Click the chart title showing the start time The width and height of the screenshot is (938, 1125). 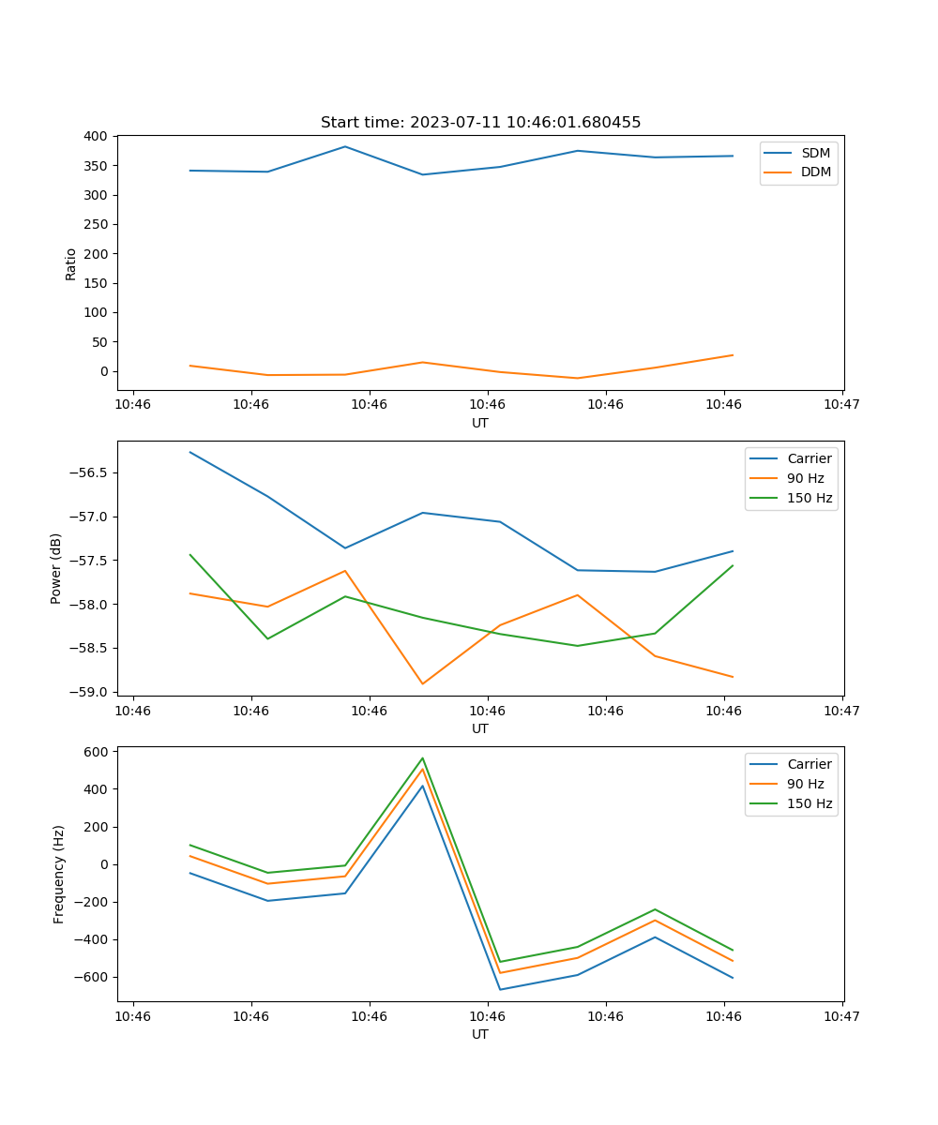click(x=480, y=123)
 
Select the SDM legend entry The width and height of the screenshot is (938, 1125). click(x=815, y=153)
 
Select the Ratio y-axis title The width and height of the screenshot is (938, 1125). click(x=71, y=263)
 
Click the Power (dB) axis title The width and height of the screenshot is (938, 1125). click(x=56, y=568)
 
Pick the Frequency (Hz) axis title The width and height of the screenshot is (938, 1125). click(x=59, y=874)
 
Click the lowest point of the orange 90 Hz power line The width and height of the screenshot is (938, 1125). click(x=423, y=683)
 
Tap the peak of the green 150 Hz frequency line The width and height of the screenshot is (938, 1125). click(x=423, y=758)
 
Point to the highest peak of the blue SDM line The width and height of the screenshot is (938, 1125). click(x=345, y=146)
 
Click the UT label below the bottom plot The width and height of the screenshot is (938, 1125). click(x=480, y=1034)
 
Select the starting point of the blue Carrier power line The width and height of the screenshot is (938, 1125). click(x=190, y=452)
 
